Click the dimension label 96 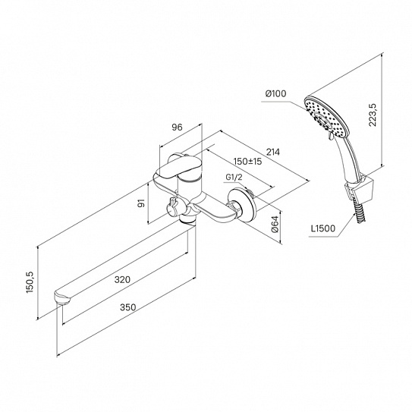pos(177,127)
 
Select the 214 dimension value pos(273,152)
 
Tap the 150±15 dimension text pos(248,162)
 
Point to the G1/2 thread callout pos(234,178)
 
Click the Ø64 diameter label pos(275,224)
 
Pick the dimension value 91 pos(141,203)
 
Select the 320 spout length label pos(122,279)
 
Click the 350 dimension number pos(128,307)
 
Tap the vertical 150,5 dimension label pos(30,282)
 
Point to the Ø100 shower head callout pos(275,93)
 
